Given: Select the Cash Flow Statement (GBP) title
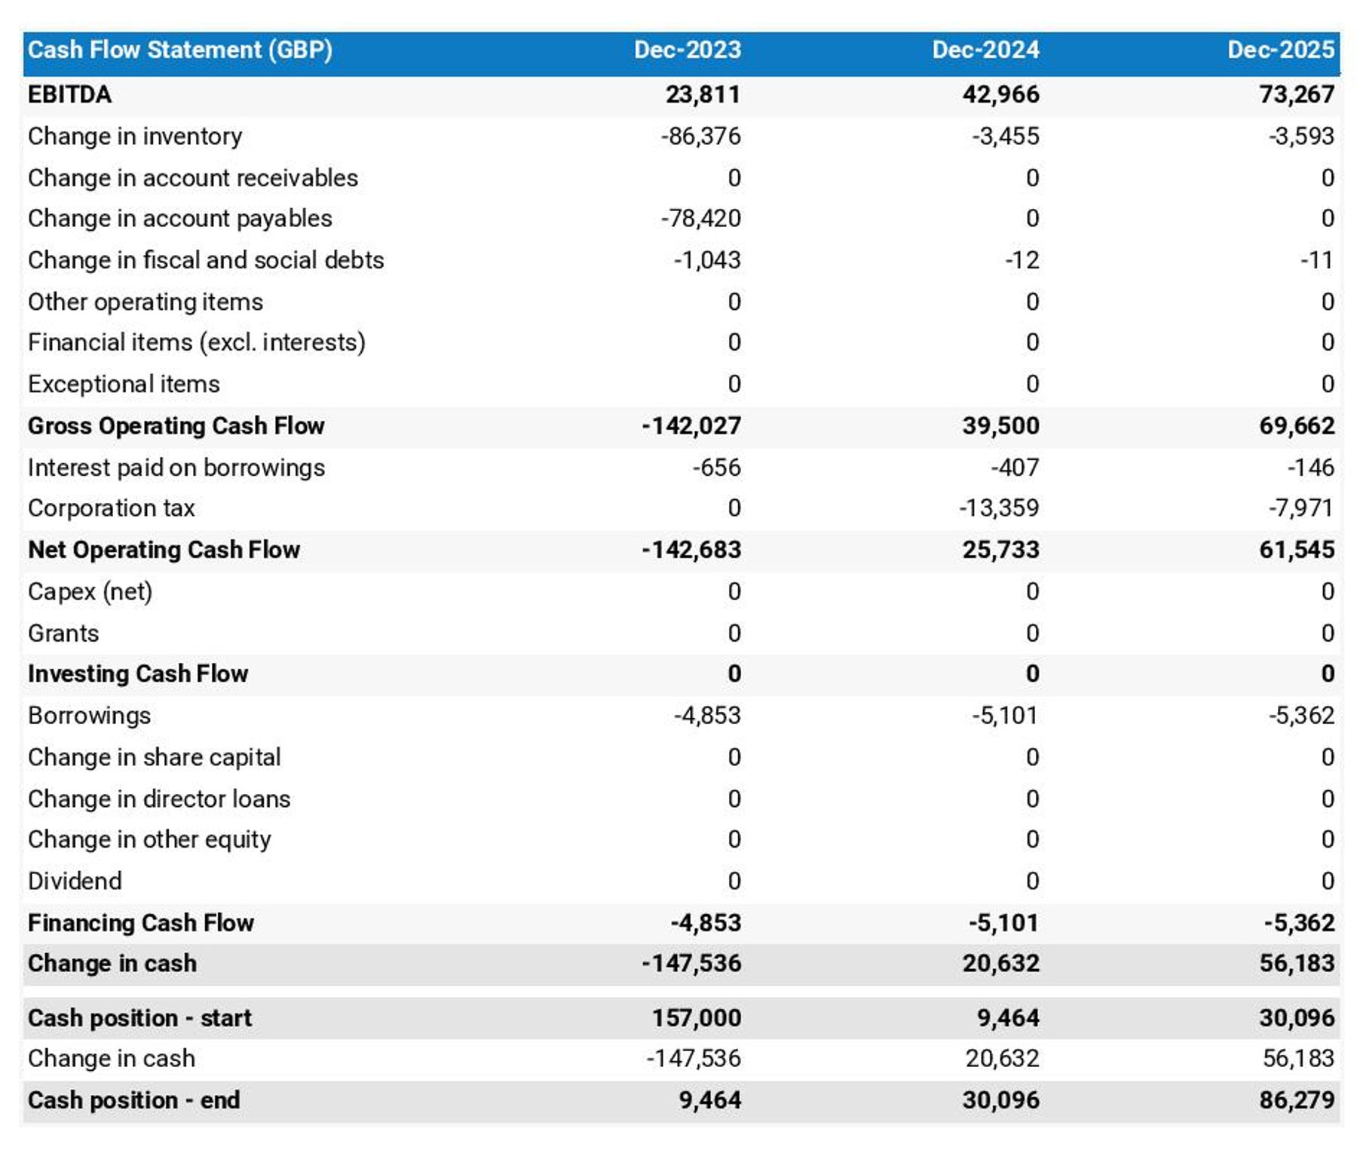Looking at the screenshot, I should point(180,50).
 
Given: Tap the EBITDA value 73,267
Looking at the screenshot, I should point(1296,94).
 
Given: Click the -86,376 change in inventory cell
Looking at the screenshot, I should point(700,136).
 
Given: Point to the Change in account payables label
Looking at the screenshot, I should point(180,219).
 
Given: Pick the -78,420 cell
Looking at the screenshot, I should point(700,219).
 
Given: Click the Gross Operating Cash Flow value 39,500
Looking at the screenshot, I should point(1000,426).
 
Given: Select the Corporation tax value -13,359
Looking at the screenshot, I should point(998,508).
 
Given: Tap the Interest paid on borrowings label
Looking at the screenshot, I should point(176,468).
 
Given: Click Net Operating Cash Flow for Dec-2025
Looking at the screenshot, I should point(1296,550).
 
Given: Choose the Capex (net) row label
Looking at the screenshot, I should point(90,592).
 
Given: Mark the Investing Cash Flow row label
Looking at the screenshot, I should point(138,673).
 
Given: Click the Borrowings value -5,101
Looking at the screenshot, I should point(1004,715).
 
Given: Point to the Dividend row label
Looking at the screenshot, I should point(75,881).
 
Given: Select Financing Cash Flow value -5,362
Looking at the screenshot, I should point(1299,922).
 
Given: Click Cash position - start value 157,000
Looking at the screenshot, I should point(696,1018).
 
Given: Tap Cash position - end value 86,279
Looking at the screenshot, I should point(1296,1100).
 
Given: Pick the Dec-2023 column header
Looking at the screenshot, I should point(687,50).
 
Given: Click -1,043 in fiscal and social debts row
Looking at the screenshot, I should point(706,260).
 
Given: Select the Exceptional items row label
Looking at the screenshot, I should point(124,385).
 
